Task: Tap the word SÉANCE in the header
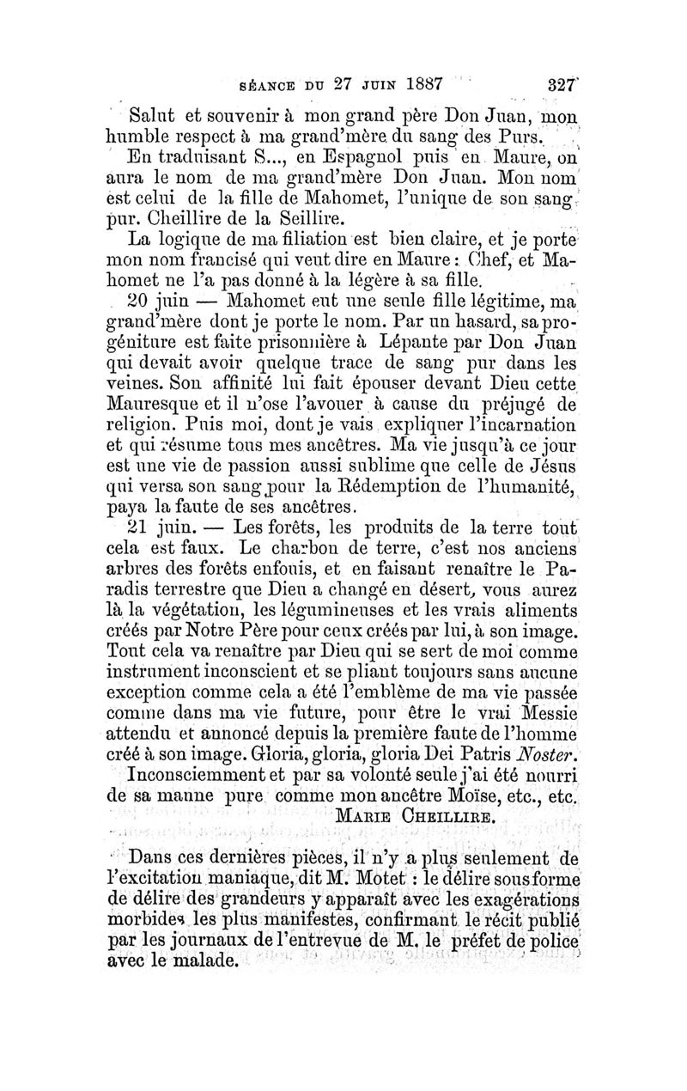[262, 86]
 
